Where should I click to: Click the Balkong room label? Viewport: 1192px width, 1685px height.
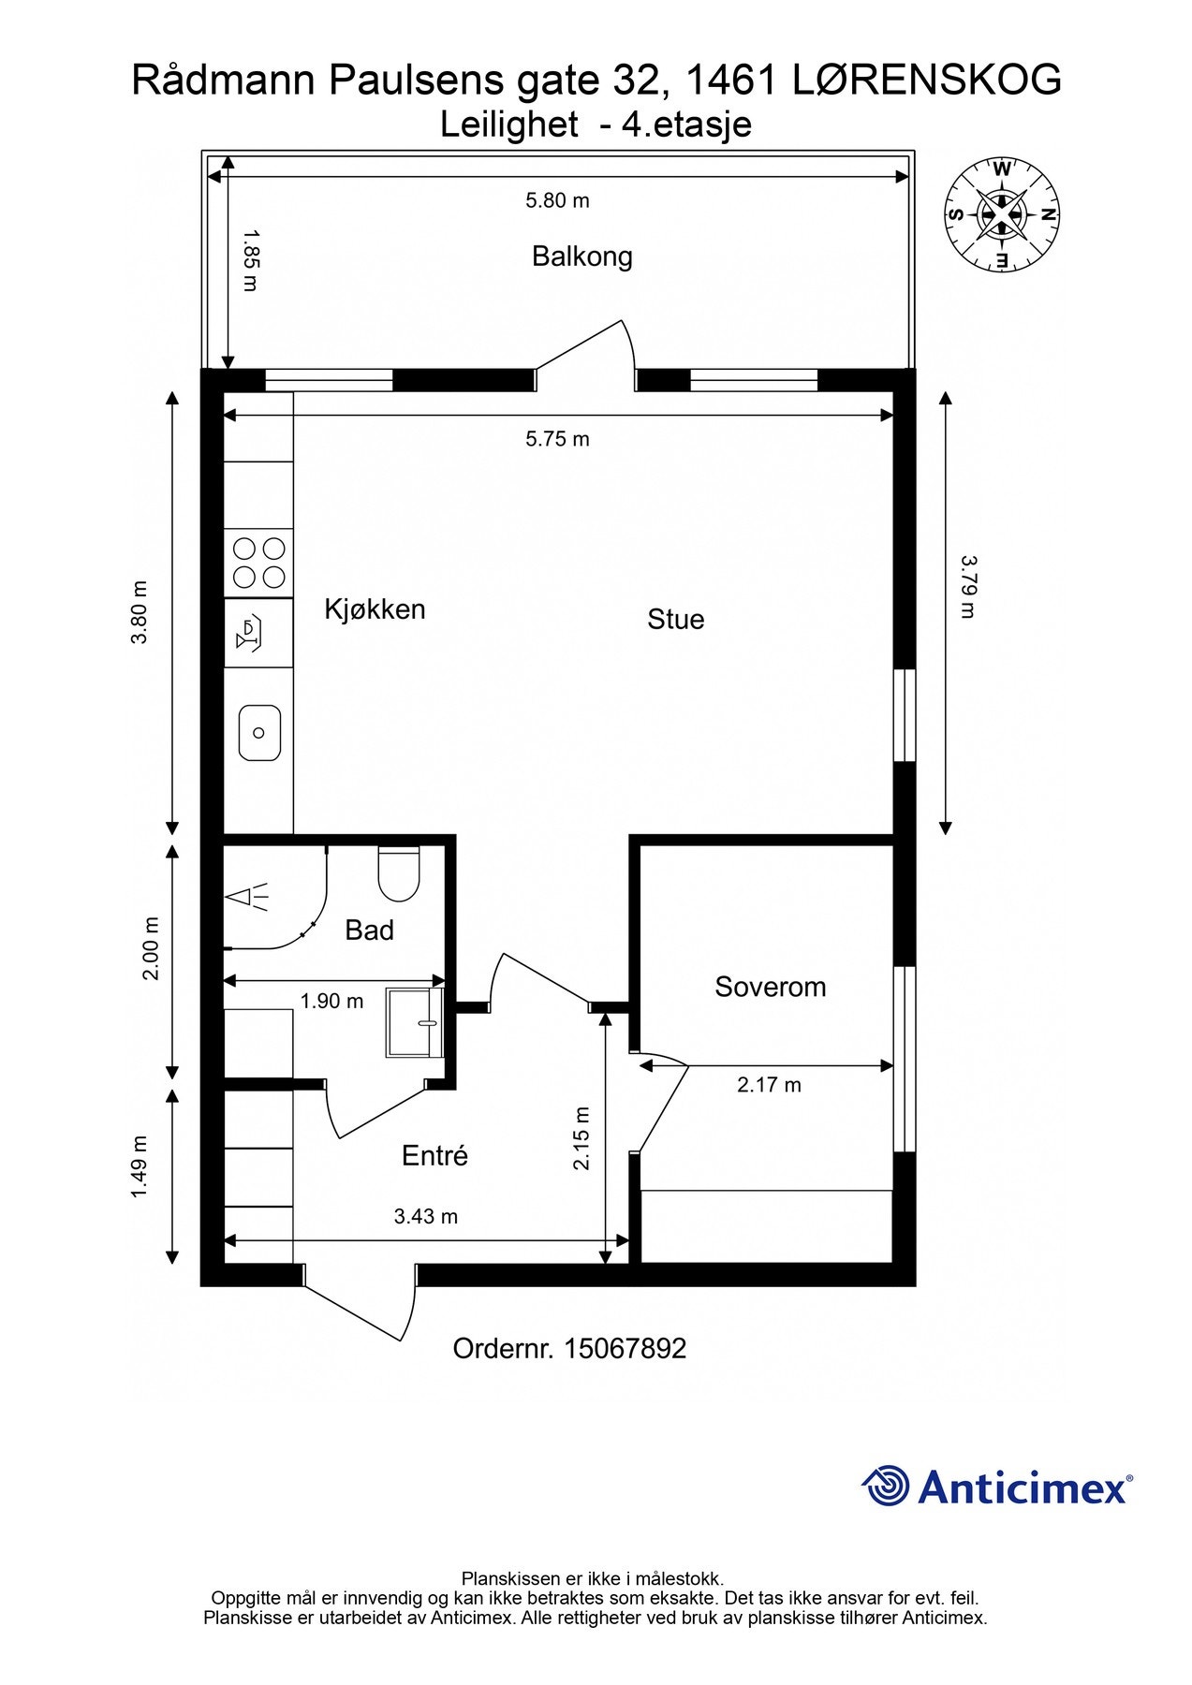[581, 256]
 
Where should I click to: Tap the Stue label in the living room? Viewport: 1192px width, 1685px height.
[675, 619]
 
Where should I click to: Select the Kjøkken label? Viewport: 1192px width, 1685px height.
[375, 609]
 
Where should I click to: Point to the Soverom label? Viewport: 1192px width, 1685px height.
[770, 987]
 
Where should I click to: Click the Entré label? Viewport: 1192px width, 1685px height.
[434, 1155]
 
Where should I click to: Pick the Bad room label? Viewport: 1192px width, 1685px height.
[369, 930]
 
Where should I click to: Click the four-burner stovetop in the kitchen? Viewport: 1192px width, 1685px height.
[259, 562]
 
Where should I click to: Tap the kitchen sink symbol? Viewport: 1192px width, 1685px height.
[259, 733]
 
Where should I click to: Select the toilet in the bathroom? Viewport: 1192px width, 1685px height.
[399, 872]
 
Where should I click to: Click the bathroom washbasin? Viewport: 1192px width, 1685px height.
[415, 1022]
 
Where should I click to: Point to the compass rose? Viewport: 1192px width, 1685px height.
[1002, 215]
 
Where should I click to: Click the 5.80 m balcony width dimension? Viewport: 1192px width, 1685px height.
[557, 200]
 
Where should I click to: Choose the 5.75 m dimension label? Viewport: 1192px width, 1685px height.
[557, 439]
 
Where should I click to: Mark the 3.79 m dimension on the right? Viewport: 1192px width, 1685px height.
[968, 587]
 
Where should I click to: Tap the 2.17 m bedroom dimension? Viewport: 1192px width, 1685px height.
[769, 1085]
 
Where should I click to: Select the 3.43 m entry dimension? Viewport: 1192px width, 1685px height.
[425, 1216]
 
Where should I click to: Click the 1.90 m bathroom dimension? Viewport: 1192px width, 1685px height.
[331, 1001]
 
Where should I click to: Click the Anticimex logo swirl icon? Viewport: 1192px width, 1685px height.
[886, 1487]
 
